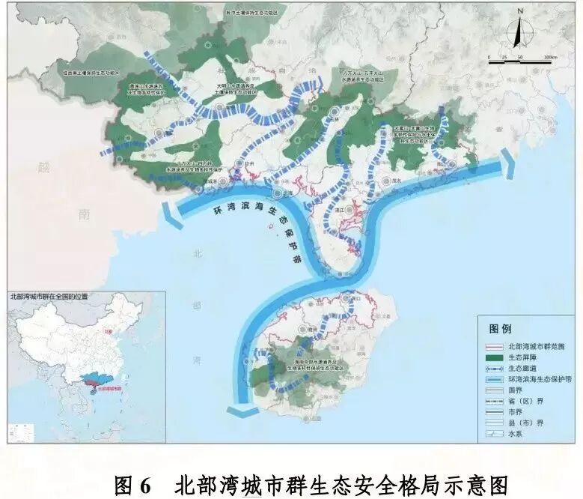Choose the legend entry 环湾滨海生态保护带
[539, 379]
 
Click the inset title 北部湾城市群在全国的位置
[49, 297]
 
